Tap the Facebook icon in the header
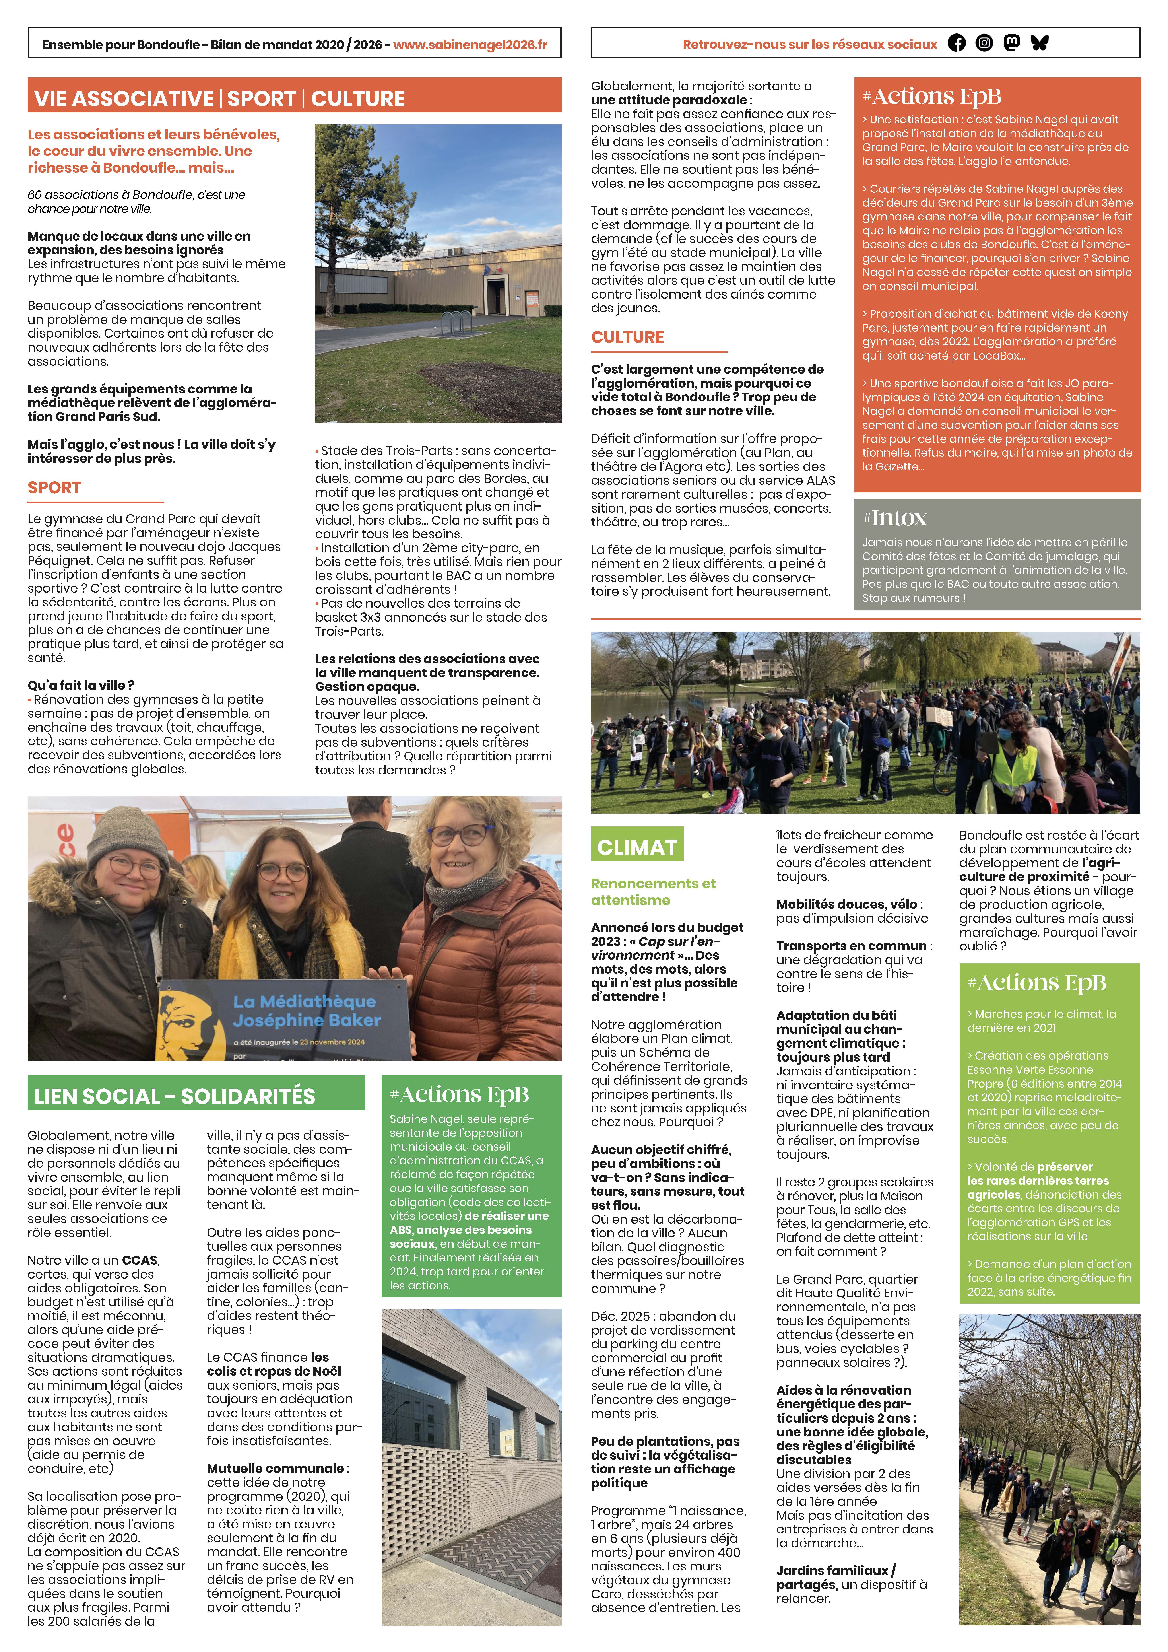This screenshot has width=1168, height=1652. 957,43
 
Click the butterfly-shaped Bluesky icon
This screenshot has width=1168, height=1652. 1039,43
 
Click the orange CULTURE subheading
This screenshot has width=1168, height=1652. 627,337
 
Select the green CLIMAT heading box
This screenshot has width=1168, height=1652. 636,847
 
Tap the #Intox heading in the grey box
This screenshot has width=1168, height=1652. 895,518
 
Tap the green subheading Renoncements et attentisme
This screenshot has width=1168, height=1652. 653,892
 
